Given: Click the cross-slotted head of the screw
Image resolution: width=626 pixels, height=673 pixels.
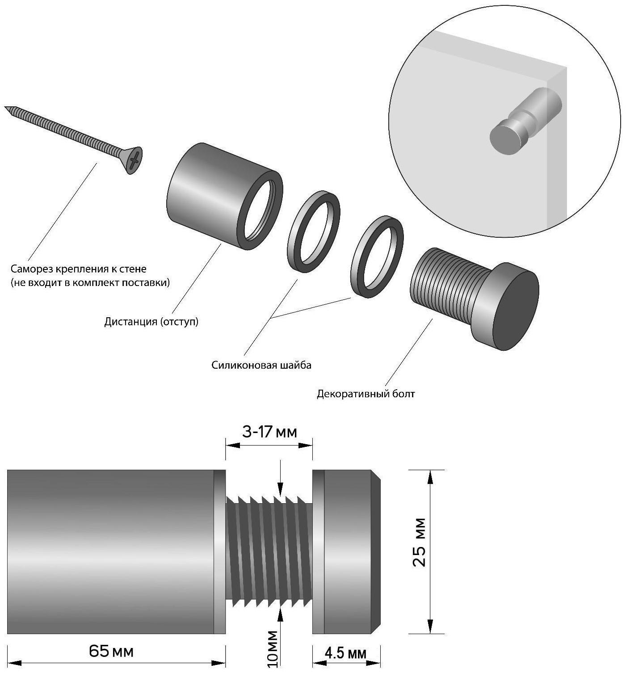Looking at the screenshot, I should (134, 160).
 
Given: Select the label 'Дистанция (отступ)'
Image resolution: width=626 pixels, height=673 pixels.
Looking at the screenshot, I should (151, 322).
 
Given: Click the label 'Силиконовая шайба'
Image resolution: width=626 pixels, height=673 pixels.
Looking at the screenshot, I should (261, 365).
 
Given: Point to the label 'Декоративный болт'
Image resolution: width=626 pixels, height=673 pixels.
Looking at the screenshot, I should (366, 394).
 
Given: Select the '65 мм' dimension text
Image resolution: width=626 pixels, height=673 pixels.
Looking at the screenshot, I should (111, 651).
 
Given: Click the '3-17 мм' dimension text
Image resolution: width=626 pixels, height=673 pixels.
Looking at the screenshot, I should (269, 432).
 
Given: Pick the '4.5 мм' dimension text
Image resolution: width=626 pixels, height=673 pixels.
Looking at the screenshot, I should (345, 653).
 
